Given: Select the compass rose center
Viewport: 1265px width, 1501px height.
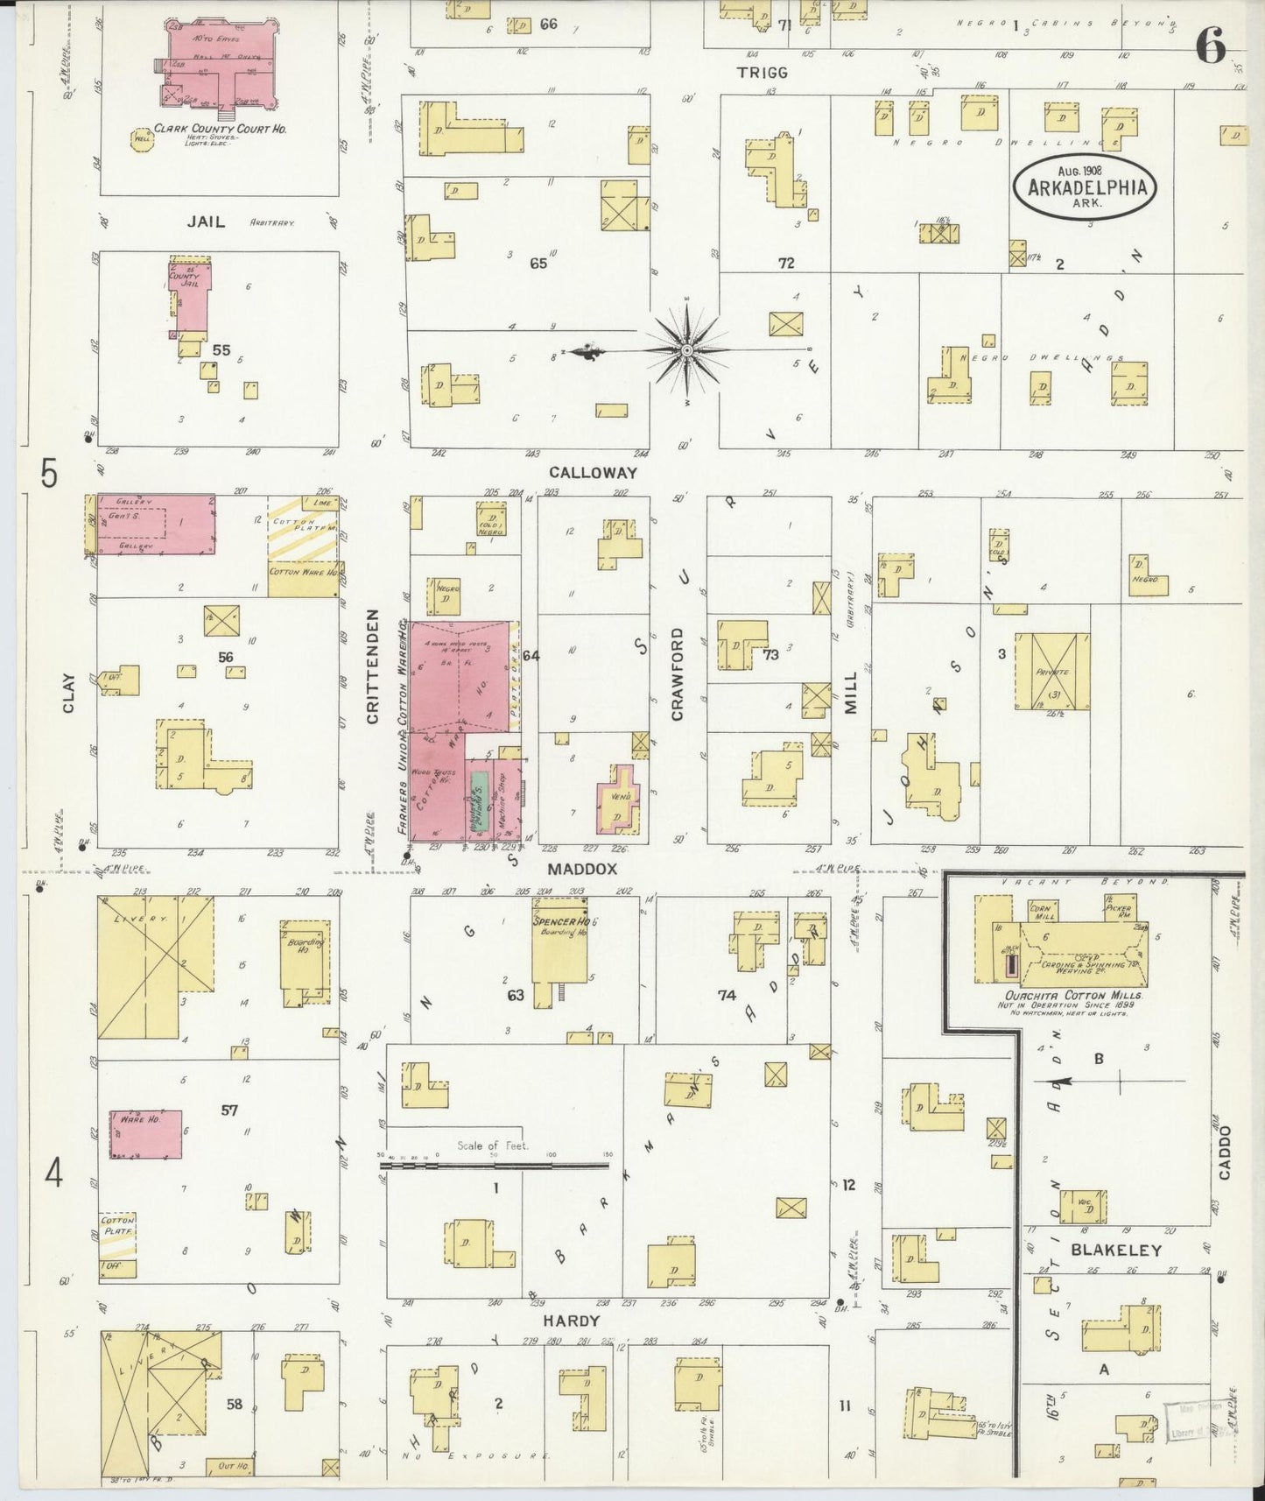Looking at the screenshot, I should tap(687, 350).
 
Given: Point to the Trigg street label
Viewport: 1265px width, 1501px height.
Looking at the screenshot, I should tap(762, 73).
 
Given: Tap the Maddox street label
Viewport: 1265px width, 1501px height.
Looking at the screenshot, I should tap(583, 869).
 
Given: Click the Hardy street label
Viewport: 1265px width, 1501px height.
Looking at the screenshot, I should tap(570, 1321).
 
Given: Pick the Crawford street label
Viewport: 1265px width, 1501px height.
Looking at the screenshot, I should tap(677, 673).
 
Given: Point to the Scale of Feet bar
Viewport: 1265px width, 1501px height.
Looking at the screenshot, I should tap(495, 1166).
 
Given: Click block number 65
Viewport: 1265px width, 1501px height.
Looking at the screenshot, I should tap(538, 263).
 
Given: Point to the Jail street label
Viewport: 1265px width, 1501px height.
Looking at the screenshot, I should tap(206, 222).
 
